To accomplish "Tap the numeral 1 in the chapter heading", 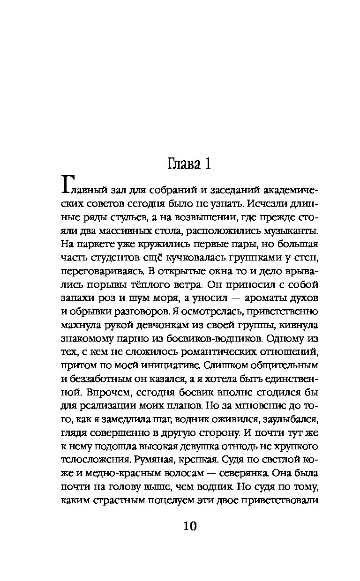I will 207,165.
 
